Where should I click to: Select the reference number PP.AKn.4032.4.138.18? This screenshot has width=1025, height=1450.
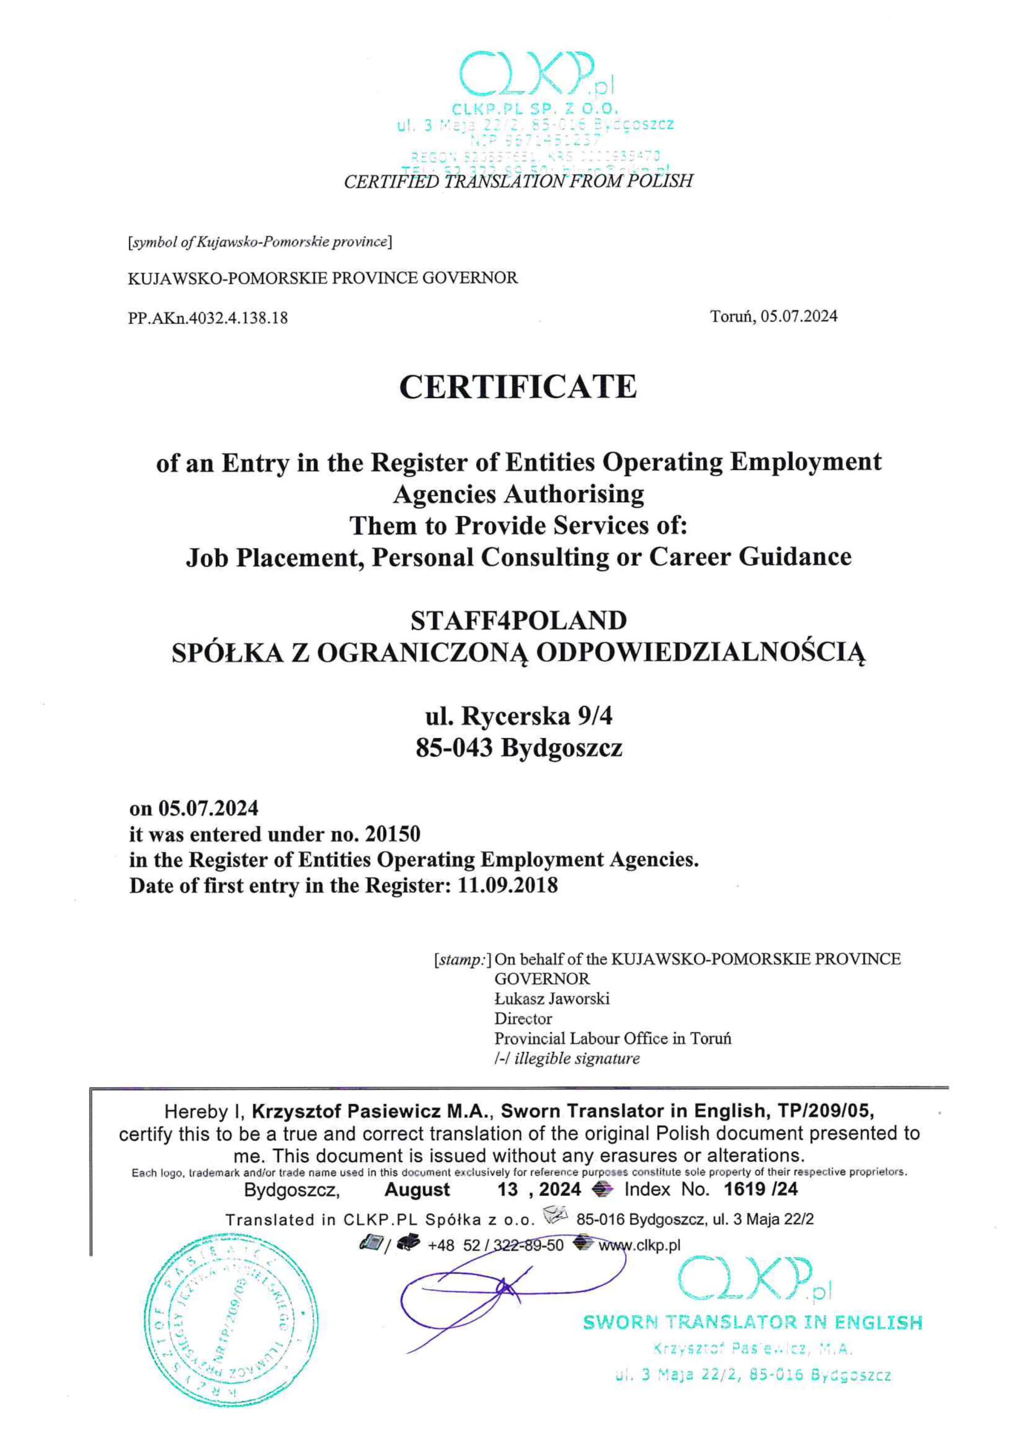point(208,318)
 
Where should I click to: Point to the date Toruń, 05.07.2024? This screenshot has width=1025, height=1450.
point(774,317)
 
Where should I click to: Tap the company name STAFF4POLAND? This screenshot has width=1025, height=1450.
point(519,621)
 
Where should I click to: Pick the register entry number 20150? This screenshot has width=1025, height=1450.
point(392,834)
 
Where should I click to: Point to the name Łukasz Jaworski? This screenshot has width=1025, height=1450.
point(552,999)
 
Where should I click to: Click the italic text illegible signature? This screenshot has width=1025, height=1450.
point(576,1059)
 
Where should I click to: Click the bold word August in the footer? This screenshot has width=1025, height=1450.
point(417,1190)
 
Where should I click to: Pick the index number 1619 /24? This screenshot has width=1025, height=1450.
point(761,1189)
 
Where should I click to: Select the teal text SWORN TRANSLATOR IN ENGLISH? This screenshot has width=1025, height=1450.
point(752,1323)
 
